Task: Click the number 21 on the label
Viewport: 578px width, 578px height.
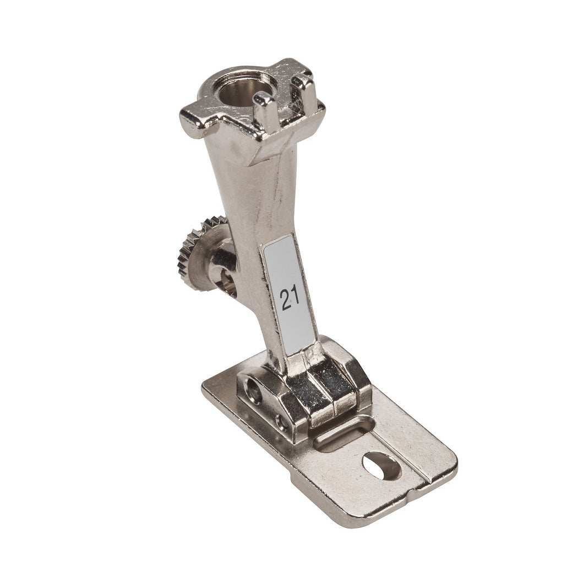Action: [x=290, y=298]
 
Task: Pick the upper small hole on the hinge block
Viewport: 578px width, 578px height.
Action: [x=254, y=389]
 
